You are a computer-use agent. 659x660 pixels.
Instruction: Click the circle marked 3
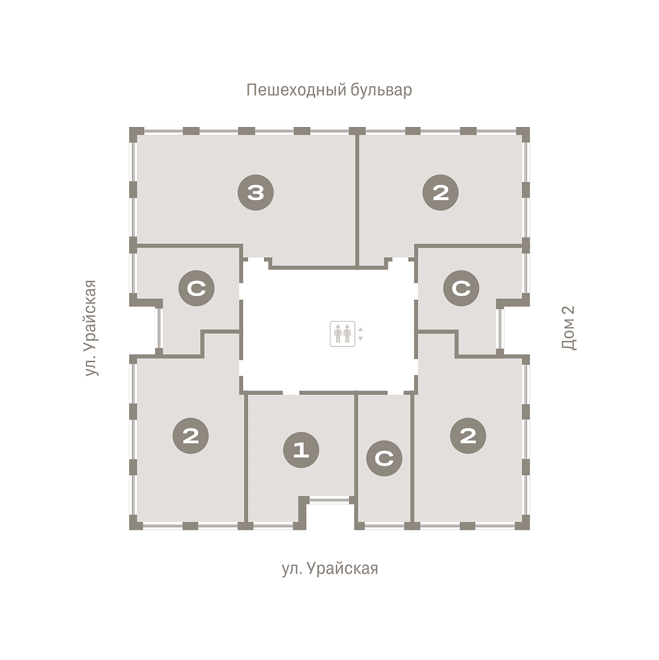[256, 193]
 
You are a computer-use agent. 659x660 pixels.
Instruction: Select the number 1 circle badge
[301, 450]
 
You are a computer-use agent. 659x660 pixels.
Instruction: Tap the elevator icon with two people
[342, 334]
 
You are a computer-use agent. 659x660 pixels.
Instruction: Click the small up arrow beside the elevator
[360, 329]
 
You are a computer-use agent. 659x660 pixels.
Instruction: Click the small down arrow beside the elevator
[360, 338]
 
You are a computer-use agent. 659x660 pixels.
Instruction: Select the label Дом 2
[569, 328]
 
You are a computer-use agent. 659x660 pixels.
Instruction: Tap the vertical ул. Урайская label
[91, 328]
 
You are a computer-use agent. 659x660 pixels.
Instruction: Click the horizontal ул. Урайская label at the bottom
[330, 569]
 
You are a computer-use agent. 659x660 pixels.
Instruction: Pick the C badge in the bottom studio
[384, 458]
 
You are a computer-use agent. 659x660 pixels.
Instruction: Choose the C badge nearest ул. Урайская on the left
[196, 288]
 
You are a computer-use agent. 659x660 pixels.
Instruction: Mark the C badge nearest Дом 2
[462, 288]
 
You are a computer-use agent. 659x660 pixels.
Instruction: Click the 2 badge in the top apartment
[441, 193]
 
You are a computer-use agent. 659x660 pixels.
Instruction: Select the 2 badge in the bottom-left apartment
[191, 436]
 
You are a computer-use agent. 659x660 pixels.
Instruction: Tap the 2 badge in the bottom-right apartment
[468, 436]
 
